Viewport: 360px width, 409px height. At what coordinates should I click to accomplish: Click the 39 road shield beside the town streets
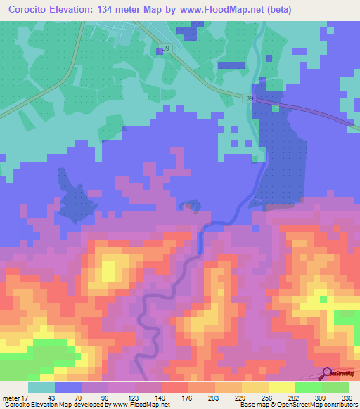(x=165, y=48)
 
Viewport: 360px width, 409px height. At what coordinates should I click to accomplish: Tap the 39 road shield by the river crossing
(x=250, y=98)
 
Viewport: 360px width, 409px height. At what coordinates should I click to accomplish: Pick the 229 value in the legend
(x=240, y=398)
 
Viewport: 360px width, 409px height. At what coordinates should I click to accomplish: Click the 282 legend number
(x=294, y=398)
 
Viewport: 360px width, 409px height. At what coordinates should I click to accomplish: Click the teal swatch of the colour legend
(x=41, y=387)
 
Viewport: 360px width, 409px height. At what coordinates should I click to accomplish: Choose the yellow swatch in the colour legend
(x=281, y=387)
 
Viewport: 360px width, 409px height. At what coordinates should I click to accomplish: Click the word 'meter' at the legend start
(x=10, y=398)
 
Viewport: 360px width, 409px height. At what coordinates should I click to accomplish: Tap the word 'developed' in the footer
(x=88, y=405)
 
